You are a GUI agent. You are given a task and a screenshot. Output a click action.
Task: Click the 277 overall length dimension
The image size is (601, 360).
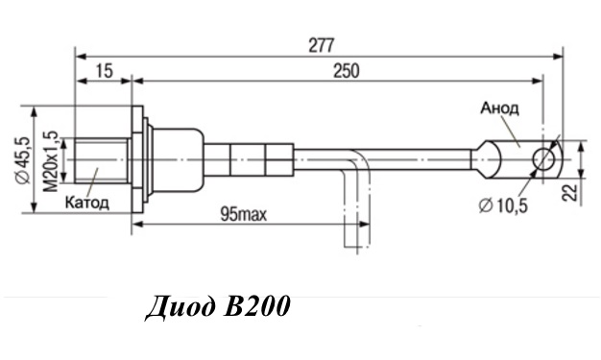coord(322,46)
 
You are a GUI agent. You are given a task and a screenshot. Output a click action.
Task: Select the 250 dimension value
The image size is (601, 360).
coord(347,71)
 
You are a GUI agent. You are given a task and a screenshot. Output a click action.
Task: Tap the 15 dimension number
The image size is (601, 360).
coord(105,71)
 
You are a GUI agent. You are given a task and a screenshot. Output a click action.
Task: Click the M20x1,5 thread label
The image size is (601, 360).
coord(50,161)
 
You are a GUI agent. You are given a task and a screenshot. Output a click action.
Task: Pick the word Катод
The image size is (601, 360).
coord(87,202)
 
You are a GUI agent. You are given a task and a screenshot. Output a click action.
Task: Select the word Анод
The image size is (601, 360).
coord(500,108)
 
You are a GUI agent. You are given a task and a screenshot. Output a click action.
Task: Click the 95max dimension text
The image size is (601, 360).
coord(244,215)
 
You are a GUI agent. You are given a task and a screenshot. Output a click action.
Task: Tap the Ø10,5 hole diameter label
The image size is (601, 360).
coord(503,205)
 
